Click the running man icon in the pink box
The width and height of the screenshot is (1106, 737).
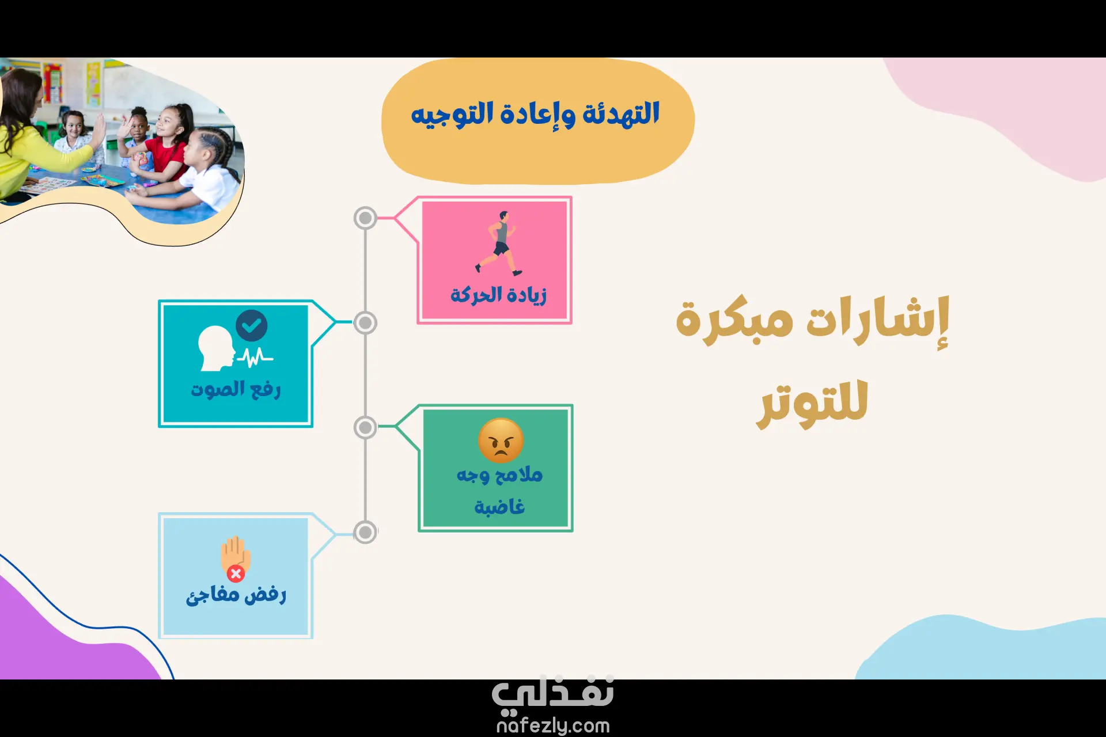499,243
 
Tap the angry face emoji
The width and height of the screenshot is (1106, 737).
501,440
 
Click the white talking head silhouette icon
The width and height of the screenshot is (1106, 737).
217,348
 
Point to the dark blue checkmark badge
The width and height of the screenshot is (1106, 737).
252,326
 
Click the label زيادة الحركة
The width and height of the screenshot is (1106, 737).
498,295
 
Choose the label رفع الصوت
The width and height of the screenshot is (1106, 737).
236,389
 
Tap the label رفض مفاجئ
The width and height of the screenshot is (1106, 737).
236,594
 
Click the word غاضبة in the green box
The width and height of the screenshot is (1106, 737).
499,507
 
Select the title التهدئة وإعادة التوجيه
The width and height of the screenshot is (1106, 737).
535,114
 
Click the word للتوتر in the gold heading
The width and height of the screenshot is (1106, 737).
813,403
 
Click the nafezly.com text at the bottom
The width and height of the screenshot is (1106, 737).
553,725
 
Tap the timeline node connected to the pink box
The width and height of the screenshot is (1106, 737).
365,218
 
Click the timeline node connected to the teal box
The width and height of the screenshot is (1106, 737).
365,323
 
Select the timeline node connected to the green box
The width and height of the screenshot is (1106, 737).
365,428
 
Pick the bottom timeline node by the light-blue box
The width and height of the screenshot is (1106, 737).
365,533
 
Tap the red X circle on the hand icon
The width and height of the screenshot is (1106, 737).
236,573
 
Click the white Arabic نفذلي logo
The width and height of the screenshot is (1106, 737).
553,694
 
